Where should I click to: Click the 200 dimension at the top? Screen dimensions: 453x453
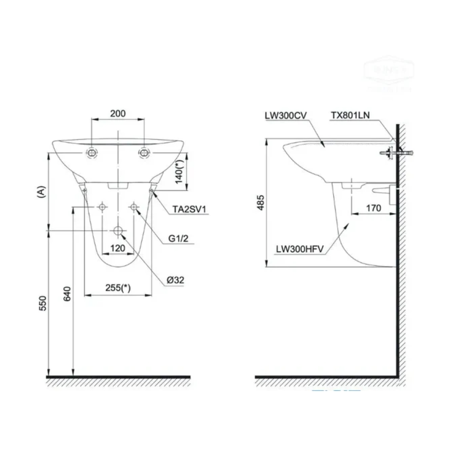[118, 113]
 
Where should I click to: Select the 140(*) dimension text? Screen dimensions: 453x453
[179, 169]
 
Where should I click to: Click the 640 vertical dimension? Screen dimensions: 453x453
[67, 295]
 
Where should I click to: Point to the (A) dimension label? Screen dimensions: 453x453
[42, 192]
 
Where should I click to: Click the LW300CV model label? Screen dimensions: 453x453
[286, 116]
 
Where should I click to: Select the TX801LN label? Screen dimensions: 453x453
[350, 116]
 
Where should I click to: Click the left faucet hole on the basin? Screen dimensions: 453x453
[92, 153]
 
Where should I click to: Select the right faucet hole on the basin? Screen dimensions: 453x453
[144, 153]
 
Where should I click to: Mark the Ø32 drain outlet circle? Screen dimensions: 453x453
[118, 231]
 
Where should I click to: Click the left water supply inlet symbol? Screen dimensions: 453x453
[103, 207]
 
